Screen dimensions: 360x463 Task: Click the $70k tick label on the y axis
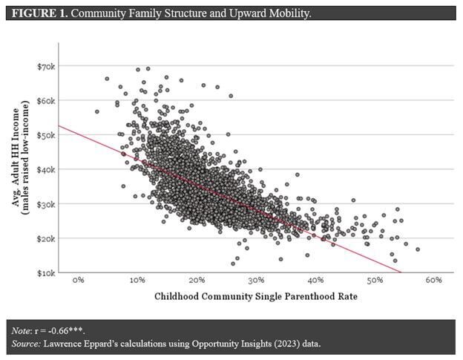point(47,66)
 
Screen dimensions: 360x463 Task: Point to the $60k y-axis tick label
point(47,101)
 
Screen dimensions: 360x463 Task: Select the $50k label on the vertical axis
point(47,135)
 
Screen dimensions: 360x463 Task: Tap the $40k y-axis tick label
point(47,169)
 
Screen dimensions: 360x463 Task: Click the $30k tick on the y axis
point(47,204)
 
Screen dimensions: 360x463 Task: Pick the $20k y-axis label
point(47,238)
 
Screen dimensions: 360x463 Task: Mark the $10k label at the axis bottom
point(47,272)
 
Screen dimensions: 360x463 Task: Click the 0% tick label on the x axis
point(78,281)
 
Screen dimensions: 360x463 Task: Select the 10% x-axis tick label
point(137,281)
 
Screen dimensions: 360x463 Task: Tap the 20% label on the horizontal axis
point(197,281)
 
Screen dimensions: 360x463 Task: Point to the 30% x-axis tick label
point(256,281)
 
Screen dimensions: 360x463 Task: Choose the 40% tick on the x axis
point(315,281)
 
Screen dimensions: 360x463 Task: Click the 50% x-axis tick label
point(375,281)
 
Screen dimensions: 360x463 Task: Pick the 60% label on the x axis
point(434,281)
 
